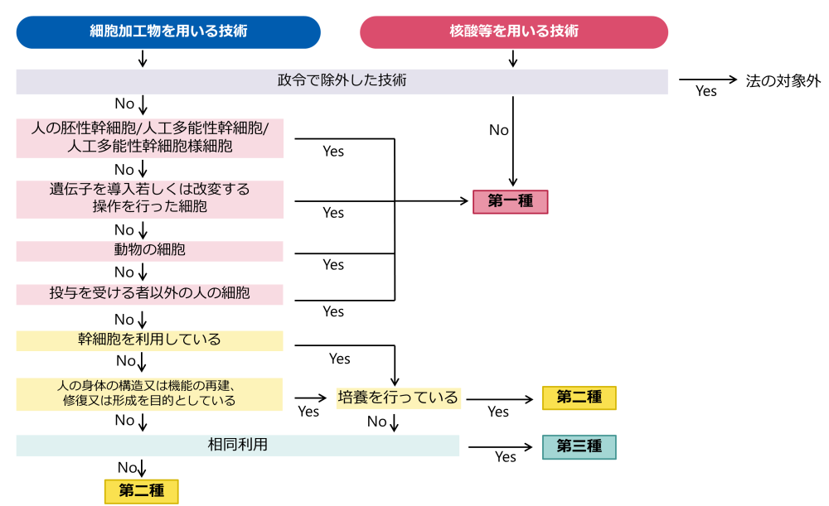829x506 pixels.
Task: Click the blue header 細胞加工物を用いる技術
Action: pos(168,32)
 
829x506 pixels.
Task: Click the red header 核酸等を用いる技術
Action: pos(513,32)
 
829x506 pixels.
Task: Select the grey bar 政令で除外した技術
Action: pos(342,81)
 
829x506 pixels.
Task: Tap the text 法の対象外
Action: pos(783,81)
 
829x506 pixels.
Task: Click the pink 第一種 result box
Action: pos(510,202)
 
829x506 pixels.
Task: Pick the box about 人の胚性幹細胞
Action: pos(149,137)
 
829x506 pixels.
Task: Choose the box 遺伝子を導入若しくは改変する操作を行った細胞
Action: pos(149,198)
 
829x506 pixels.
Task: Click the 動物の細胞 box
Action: pos(149,250)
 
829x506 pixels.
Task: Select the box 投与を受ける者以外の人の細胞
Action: pos(149,294)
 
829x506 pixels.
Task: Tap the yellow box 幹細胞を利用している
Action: pos(149,340)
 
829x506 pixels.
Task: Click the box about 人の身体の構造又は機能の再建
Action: pos(149,393)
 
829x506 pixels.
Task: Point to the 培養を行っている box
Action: pos(397,398)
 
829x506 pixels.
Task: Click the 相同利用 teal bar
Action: pos(237,446)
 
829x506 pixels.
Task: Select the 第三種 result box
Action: pos(579,446)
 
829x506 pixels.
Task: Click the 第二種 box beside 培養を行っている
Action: pos(579,398)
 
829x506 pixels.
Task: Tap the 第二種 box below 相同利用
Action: pos(141,491)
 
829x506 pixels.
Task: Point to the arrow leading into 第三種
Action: pos(501,447)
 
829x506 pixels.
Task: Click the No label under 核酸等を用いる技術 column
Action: pos(498,130)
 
